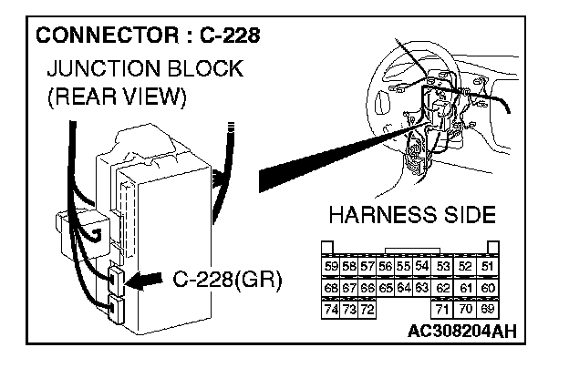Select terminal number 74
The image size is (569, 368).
pyautogui.click(x=331, y=309)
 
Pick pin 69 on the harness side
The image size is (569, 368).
pyautogui.click(x=488, y=309)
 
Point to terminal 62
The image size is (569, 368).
pyautogui.click(x=443, y=287)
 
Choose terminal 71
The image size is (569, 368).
pyautogui.click(x=443, y=309)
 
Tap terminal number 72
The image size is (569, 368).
pyautogui.click(x=367, y=309)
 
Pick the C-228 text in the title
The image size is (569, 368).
pyautogui.click(x=225, y=37)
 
